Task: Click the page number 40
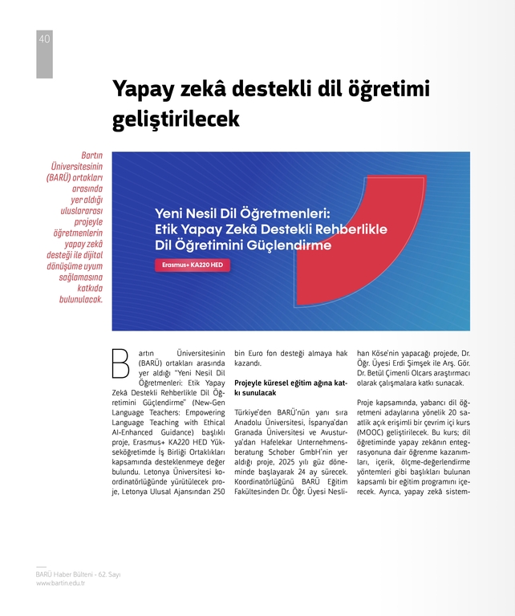point(44,39)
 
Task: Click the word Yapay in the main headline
point(143,87)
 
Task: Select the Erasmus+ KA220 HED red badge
point(192,265)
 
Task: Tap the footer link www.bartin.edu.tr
point(61,583)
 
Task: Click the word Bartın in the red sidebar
point(91,155)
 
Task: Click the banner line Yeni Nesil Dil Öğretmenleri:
point(241,214)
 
